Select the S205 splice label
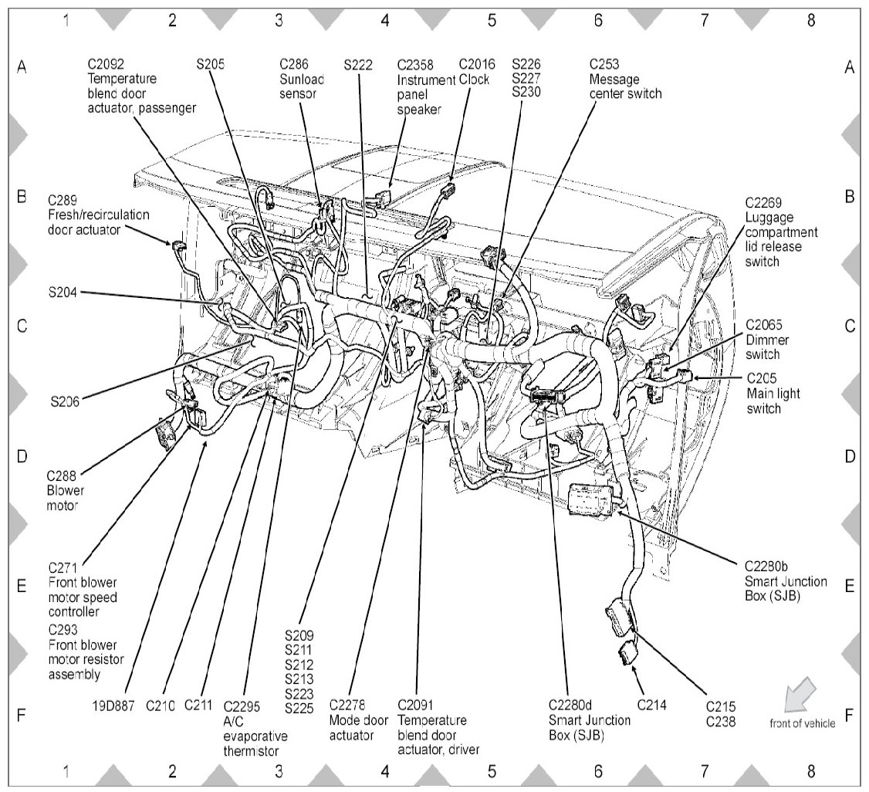pos(210,65)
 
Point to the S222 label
pos(360,65)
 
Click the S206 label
pos(65,401)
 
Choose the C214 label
pos(652,705)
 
